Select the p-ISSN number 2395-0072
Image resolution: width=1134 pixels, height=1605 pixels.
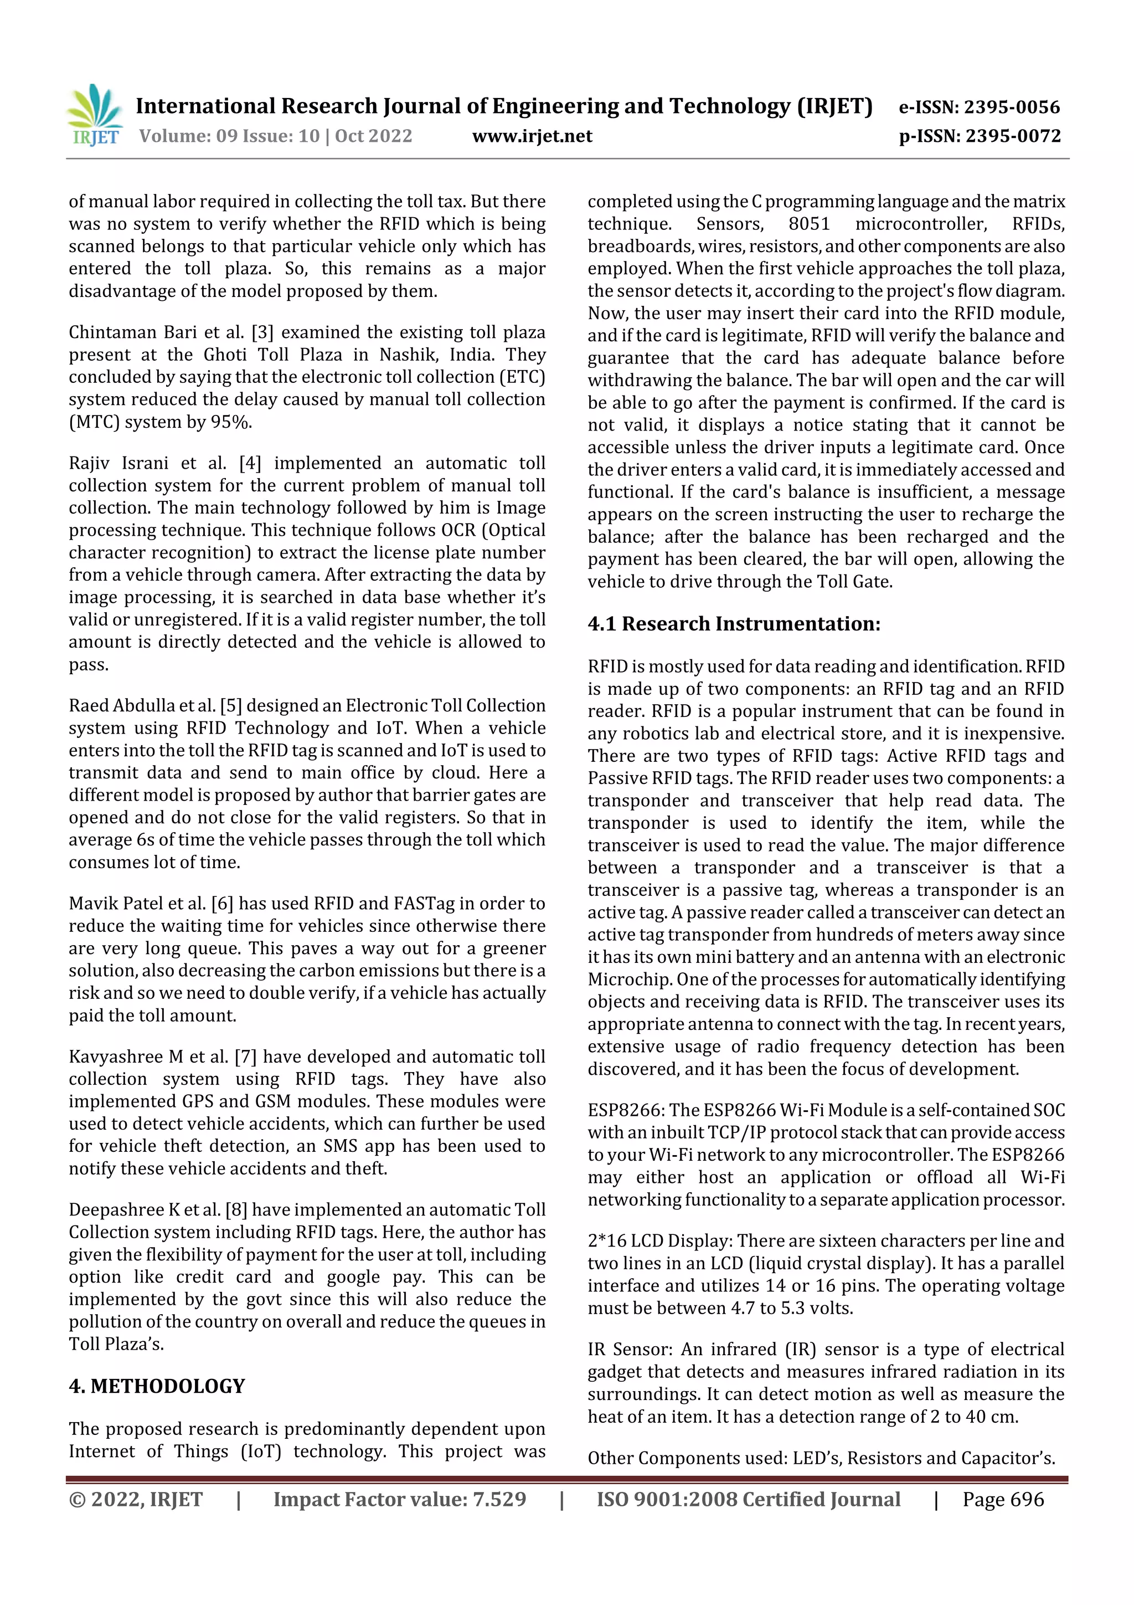tap(1012, 136)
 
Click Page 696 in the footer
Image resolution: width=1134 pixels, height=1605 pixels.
tap(1003, 1499)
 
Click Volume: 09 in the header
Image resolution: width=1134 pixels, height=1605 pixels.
tap(178, 136)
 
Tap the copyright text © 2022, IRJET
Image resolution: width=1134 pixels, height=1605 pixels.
tap(136, 1499)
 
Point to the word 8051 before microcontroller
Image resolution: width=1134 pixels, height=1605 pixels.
tap(808, 224)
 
